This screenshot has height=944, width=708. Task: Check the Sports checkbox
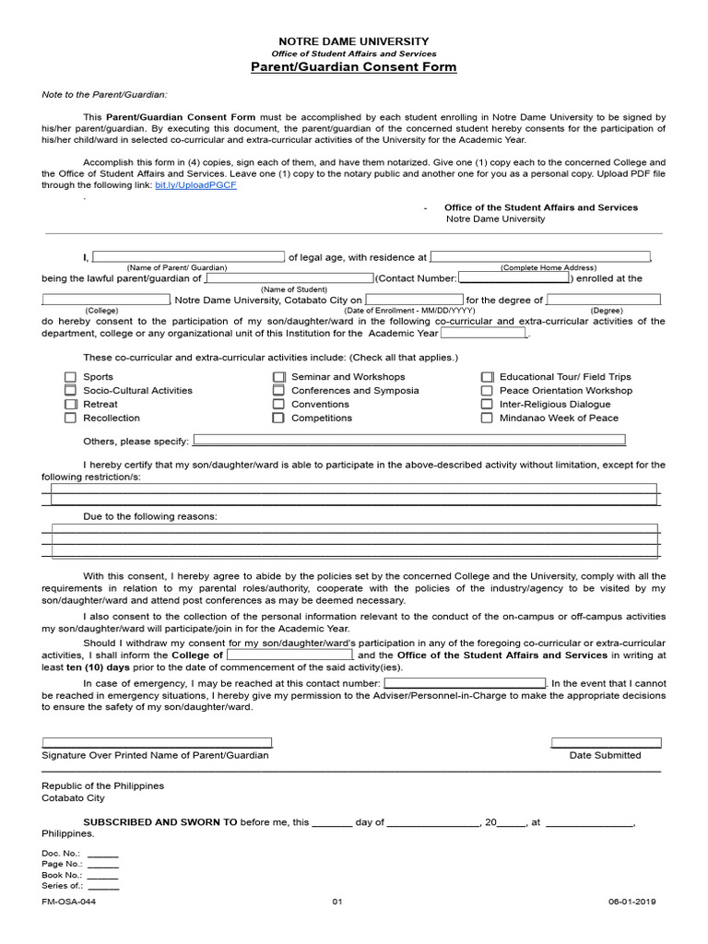[70, 377]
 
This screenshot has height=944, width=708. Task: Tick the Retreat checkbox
[70, 405]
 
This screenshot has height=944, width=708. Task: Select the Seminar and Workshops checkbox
[278, 377]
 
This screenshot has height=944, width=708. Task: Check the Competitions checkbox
[278, 419]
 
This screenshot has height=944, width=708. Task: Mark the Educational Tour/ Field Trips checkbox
[487, 377]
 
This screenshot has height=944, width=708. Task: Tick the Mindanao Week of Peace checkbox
[487, 419]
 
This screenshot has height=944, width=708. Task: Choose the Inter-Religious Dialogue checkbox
[487, 405]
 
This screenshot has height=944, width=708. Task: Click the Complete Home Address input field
[540, 257]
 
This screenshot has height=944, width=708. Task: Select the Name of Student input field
[289, 277]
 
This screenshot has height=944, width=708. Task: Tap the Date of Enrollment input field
[413, 300]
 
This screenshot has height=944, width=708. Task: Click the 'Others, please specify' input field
[407, 440]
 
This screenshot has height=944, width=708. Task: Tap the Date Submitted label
[605, 755]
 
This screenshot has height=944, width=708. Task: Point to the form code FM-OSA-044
[68, 903]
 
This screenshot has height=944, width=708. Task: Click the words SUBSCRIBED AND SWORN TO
[160, 822]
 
